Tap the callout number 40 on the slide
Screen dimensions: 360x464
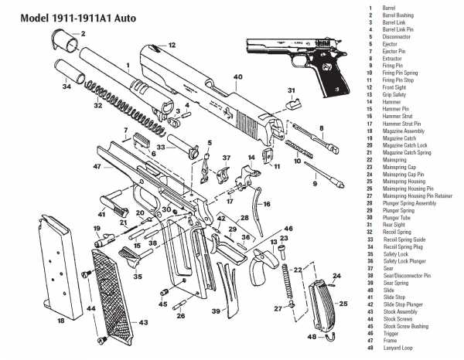[237, 77]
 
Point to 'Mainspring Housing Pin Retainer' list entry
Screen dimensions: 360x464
[418, 195]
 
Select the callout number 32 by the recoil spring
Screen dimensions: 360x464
[97, 105]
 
